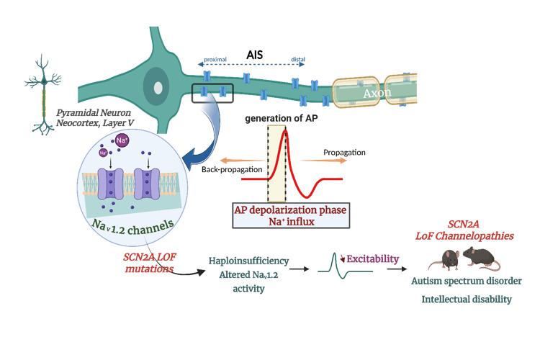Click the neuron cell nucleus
click(x=156, y=87)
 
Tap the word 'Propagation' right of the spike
click(x=345, y=153)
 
